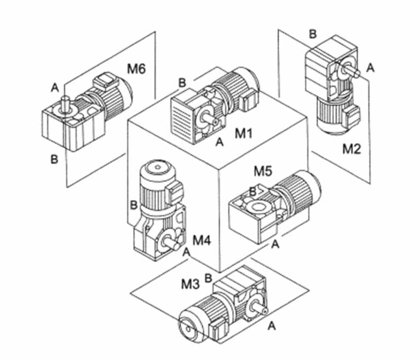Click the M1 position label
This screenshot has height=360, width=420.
coord(244,133)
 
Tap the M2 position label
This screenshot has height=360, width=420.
coord(352,149)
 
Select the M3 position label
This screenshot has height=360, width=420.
coord(190,284)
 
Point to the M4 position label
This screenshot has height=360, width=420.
coord(202,240)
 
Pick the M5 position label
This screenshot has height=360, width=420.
coord(263,171)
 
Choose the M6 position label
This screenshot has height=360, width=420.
coord(136,68)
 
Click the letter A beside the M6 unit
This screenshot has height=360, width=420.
coord(55,88)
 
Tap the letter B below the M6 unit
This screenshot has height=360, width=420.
coord(54,160)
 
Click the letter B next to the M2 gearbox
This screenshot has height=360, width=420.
coord(313,34)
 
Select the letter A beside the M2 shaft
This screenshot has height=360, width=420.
coord(370,68)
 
